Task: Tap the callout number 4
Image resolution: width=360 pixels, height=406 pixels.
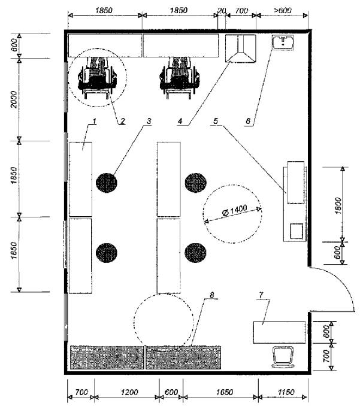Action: point(180,121)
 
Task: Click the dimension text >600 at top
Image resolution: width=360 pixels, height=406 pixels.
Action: point(282,11)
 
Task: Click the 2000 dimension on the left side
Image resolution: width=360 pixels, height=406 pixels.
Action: point(13,99)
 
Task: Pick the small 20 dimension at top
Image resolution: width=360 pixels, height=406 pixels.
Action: point(222,11)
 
